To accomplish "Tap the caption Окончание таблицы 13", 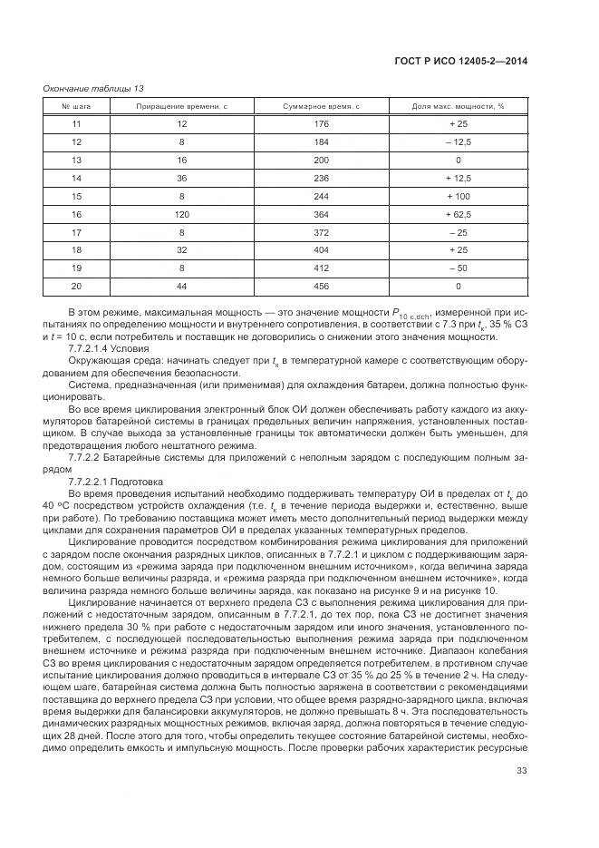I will tap(93, 88).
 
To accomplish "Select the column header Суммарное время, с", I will tap(321, 107).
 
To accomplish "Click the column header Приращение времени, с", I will tap(181, 107).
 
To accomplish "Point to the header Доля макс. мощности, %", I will tap(458, 107).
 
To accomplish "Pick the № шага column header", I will tap(76, 107).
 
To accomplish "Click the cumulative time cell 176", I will tap(321, 124).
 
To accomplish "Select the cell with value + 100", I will tap(458, 196).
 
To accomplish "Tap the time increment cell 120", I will tap(181, 214).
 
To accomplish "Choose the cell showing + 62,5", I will tap(458, 214).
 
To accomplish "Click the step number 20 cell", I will tap(76, 286).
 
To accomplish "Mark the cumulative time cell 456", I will tap(321, 286).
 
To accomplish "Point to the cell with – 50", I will tap(458, 268).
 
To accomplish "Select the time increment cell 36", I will tap(181, 178).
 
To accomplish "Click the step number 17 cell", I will tap(76, 232).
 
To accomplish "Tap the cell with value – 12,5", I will tap(458, 142).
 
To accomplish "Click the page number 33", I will tap(521, 795).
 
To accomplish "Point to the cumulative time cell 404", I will tap(321, 249).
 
